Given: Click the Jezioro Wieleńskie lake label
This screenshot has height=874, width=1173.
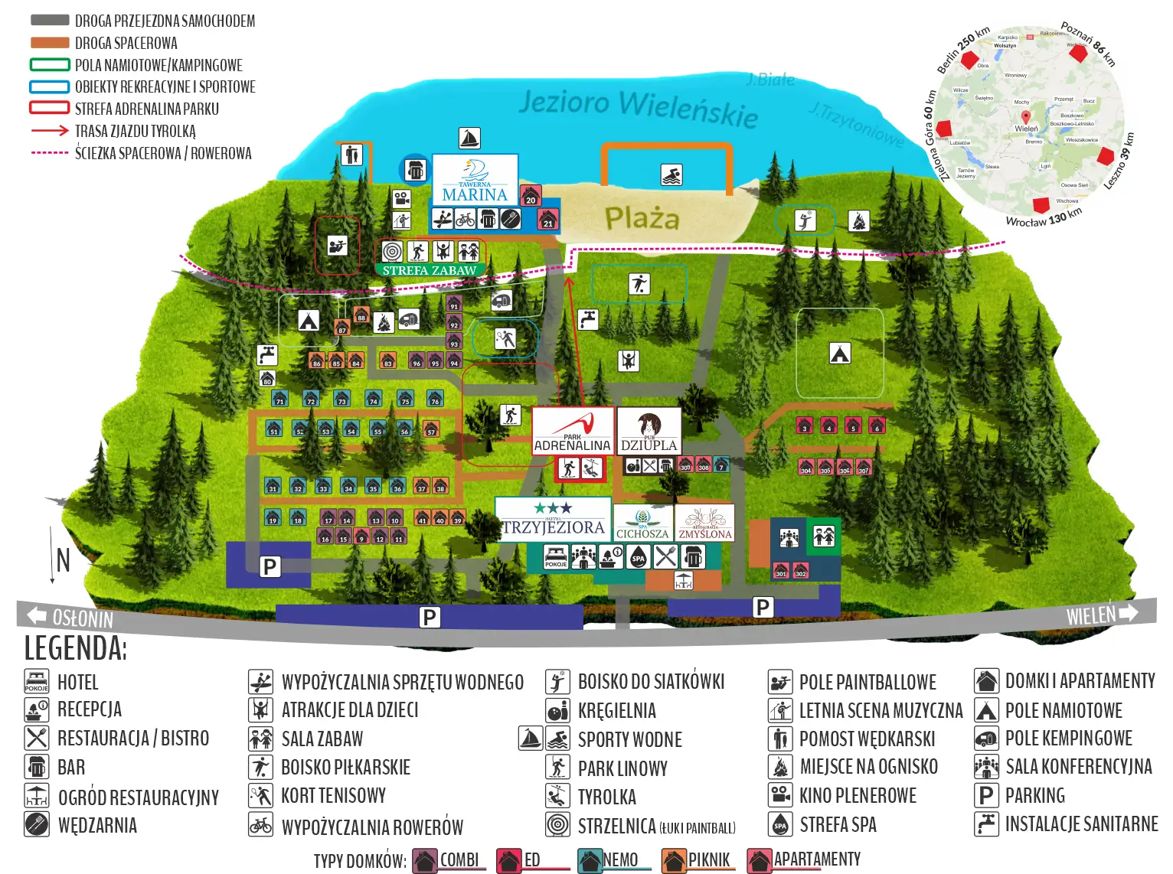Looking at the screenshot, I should pos(638,109).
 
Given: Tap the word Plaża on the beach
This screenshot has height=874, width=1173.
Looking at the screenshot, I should pos(642,219).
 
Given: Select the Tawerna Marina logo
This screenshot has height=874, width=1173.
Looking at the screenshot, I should pos(475,180).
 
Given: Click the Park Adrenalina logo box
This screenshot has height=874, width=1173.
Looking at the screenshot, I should pos(572,431).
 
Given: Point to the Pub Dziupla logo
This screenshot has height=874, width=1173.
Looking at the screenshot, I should pos(649,431).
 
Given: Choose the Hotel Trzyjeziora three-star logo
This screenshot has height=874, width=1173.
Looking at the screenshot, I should pos(553,520).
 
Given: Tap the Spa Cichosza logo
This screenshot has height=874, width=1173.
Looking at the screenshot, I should pos(642,523).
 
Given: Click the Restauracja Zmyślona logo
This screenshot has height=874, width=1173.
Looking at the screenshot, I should pos(704,523).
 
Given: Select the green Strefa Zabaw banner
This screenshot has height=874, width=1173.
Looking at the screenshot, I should pos(430,270).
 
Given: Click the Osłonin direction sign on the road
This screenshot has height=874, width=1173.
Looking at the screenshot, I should pos(70,617).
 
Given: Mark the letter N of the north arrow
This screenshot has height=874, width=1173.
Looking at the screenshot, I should pos(63,560).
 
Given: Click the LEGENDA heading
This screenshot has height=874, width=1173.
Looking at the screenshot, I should pos(75,648).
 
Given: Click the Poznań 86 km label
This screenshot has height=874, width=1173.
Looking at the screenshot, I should pos(1087,43).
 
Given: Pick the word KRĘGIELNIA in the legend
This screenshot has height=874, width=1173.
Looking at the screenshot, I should pos(616,711).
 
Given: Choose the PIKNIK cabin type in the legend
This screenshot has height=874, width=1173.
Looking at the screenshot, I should pos(708,860).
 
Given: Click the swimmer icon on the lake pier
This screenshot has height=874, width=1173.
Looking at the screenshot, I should pos(671,175).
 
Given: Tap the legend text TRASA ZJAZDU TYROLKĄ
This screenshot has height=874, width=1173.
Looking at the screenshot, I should pos(136,132).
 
